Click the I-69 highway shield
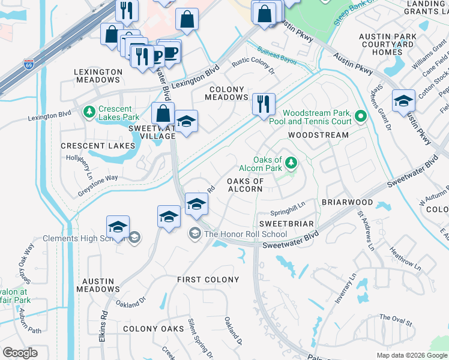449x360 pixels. (x=28, y=62)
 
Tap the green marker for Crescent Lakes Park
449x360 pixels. (x=89, y=112)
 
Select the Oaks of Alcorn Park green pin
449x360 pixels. (x=291, y=163)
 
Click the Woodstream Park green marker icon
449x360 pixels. (x=360, y=116)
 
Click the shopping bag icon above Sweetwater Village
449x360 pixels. (x=163, y=113)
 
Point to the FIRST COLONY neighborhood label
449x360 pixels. (x=208, y=280)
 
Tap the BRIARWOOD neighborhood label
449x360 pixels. (x=347, y=203)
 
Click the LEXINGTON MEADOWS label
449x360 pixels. (x=97, y=76)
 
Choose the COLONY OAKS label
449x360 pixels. (x=153, y=329)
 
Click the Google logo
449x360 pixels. (x=20, y=353)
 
